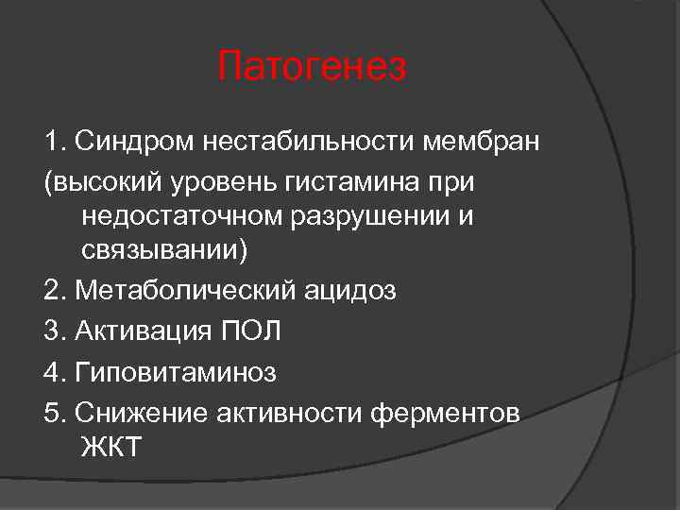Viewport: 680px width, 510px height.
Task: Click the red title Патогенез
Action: coord(312,67)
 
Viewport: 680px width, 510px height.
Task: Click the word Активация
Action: coord(142,331)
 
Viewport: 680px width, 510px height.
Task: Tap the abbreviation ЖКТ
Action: coord(111,448)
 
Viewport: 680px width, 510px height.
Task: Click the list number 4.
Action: coord(53,372)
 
